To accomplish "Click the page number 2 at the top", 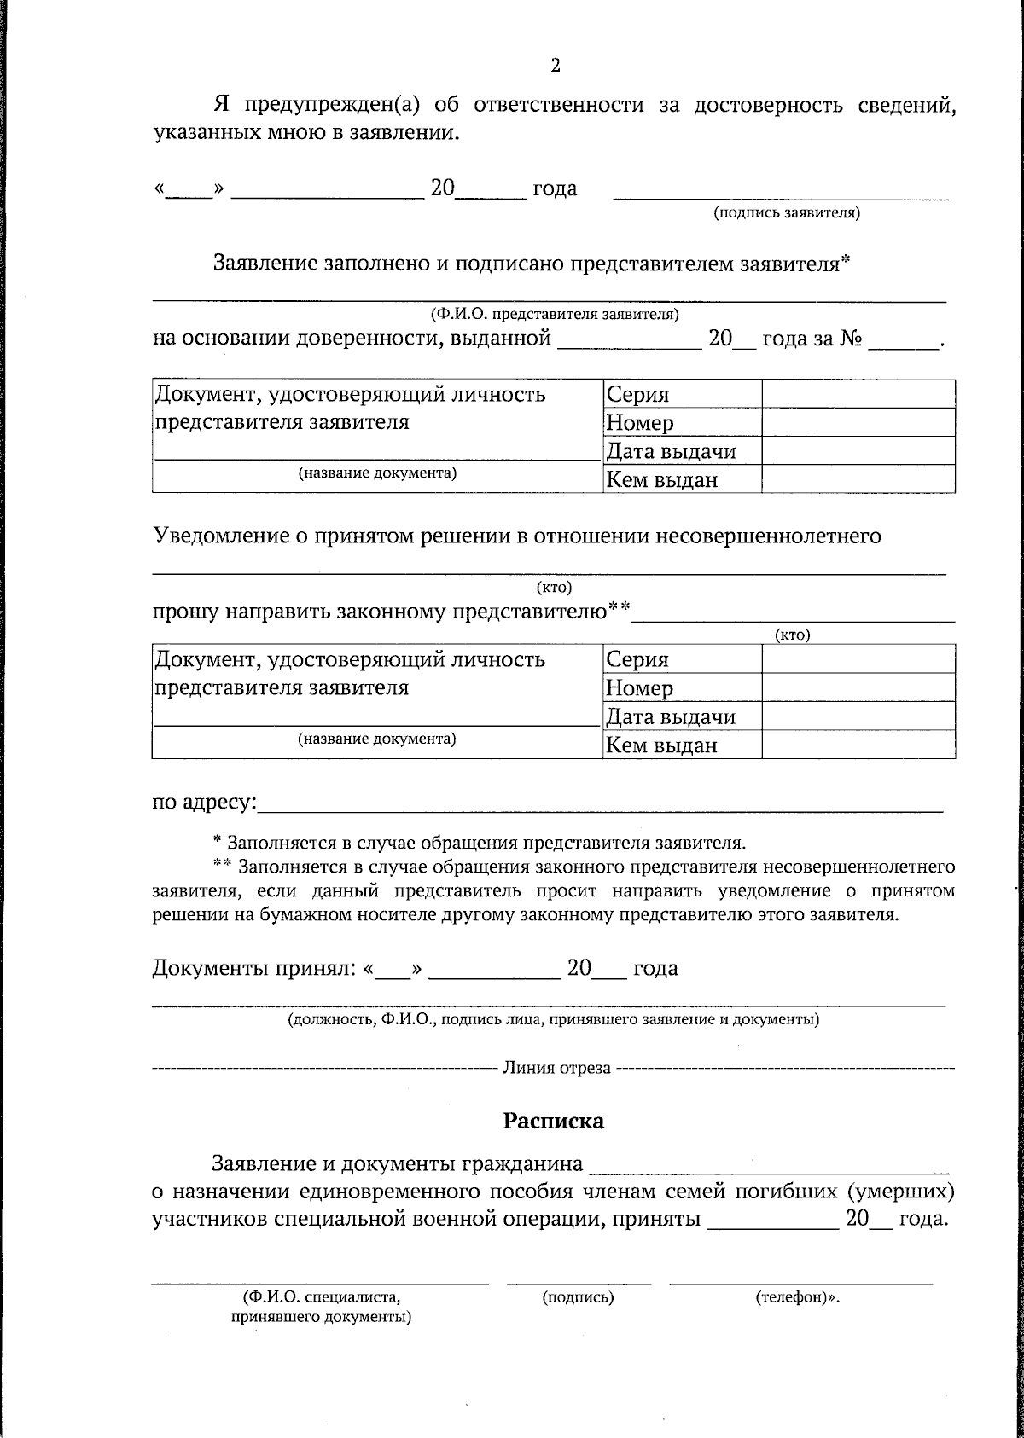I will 556,66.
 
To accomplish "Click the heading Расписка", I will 553,1120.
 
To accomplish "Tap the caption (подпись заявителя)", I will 787,213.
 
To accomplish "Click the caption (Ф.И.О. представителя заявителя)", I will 555,314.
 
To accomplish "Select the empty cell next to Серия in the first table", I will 858,394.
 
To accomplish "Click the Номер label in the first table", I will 639,423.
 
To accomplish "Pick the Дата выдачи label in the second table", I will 670,716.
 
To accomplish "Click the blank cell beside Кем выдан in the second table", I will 858,745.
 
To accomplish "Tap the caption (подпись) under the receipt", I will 578,1297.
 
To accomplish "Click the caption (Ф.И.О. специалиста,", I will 322,1297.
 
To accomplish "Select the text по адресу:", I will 204,803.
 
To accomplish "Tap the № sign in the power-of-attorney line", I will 851,339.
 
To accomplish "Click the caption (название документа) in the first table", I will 376,473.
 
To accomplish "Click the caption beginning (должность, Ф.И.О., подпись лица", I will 553,1019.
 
